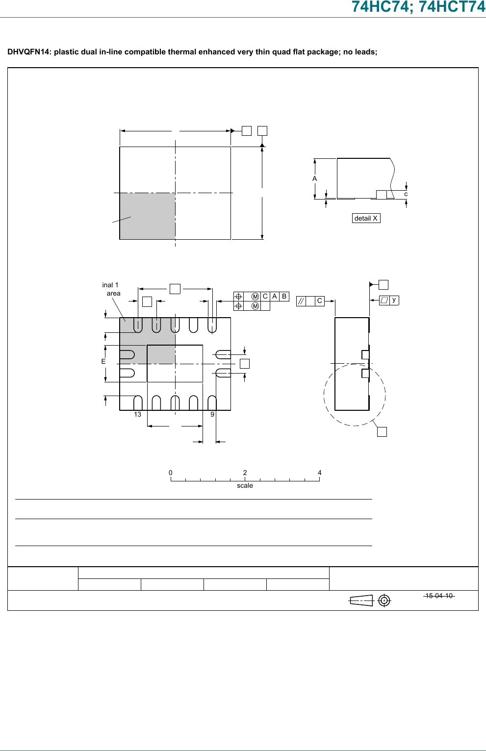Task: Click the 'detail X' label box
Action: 366,218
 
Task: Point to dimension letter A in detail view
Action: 315,179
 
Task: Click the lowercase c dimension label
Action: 406,194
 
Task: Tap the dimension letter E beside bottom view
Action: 103,361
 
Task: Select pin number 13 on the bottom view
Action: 137,415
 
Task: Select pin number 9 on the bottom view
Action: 212,415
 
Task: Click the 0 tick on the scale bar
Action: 171,473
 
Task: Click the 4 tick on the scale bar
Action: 319,473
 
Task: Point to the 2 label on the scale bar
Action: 245,473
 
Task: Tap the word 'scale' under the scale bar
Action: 245,486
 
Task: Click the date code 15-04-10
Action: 439,596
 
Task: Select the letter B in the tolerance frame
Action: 284,297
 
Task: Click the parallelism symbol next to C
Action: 301,301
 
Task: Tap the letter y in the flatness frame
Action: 394,300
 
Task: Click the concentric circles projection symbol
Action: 384,601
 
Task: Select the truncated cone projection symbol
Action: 361,601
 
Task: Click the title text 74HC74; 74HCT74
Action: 418,7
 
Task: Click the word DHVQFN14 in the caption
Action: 28,52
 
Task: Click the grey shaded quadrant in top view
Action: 148,216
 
